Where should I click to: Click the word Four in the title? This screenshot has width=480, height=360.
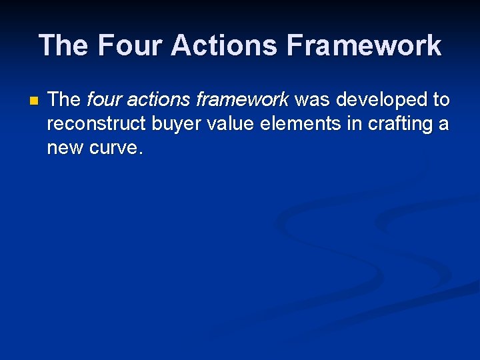point(129,45)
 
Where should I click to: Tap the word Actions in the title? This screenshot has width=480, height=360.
point(223,45)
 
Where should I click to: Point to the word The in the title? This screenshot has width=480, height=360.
point(64,45)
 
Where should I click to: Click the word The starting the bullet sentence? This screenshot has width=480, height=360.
point(64,100)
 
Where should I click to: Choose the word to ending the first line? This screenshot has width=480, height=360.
point(441,100)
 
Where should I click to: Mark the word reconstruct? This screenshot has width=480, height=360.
point(96,124)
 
